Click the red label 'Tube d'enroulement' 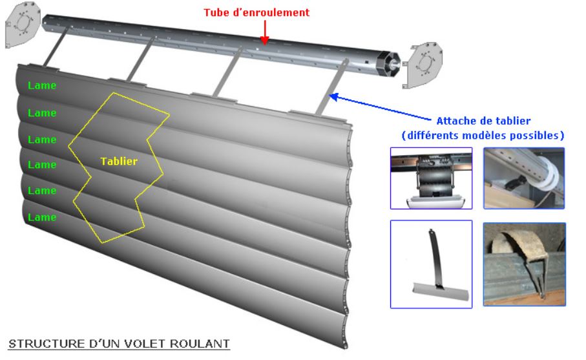click(x=256, y=12)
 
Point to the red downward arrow click(x=265, y=32)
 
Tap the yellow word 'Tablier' click(x=119, y=161)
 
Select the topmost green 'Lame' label click(x=42, y=85)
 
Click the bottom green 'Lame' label click(x=42, y=217)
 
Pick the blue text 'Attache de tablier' click(x=483, y=121)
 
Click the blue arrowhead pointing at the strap click(x=333, y=97)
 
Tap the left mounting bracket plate click(x=22, y=25)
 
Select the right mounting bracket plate click(x=423, y=65)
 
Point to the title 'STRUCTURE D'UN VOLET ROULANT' click(x=119, y=344)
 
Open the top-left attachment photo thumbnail click(x=432, y=178)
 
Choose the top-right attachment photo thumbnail click(x=524, y=178)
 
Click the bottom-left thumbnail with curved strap click(x=432, y=264)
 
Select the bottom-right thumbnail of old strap click(x=525, y=264)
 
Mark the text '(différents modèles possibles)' click(x=483, y=135)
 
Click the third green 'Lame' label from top click(x=42, y=140)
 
